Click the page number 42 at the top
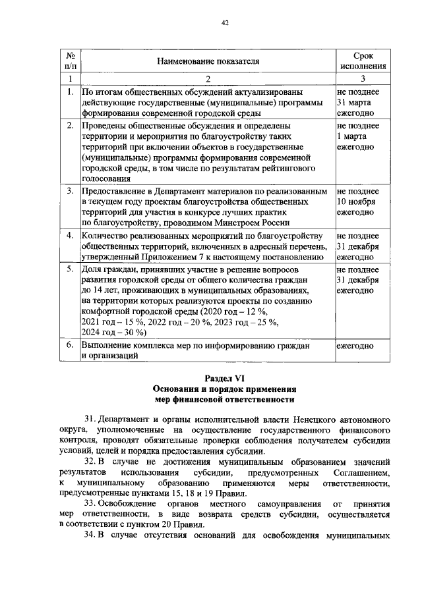coord(224,22)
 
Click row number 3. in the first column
coord(70,191)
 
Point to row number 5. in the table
coord(70,270)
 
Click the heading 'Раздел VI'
coord(224,378)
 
